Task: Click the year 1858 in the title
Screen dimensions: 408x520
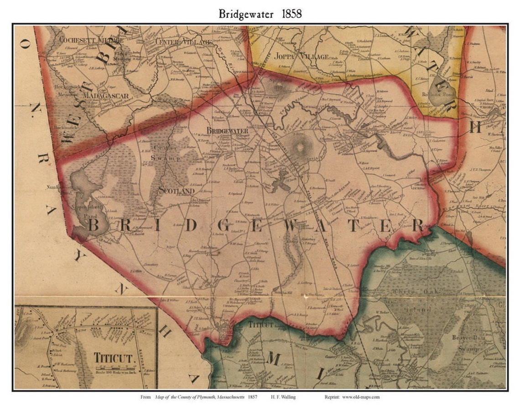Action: pyautogui.click(x=288, y=14)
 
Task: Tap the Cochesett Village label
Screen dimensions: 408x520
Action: pyautogui.click(x=91, y=40)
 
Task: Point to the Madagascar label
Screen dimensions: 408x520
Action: pyautogui.click(x=106, y=96)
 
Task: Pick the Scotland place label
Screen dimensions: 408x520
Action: pyautogui.click(x=173, y=191)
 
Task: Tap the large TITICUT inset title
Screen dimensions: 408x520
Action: pyautogui.click(x=115, y=357)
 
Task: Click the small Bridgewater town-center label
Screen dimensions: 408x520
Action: pyautogui.click(x=227, y=131)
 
